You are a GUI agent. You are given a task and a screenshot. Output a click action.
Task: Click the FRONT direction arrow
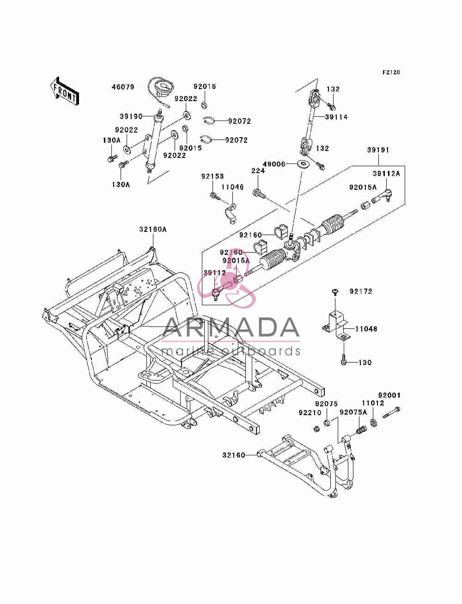click(64, 91)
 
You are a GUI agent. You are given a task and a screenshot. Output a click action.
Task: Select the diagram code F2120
click(391, 72)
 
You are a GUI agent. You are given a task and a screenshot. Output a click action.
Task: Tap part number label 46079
click(123, 87)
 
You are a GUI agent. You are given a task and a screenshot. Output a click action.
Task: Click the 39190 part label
click(131, 116)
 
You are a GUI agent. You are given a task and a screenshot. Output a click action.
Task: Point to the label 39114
click(336, 117)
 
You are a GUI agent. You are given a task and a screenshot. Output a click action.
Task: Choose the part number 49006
click(274, 164)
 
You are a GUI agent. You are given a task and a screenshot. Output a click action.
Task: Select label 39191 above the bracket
click(378, 150)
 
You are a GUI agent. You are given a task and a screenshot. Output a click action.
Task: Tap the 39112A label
click(386, 174)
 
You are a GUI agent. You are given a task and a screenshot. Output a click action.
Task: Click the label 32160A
click(153, 229)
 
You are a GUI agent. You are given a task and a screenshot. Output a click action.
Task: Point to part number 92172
click(361, 291)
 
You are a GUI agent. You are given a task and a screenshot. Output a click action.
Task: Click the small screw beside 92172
click(335, 292)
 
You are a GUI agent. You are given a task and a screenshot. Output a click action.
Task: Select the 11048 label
click(366, 329)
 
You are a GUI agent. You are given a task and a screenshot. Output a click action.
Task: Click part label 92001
click(389, 395)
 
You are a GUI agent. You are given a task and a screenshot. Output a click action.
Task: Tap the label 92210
click(310, 412)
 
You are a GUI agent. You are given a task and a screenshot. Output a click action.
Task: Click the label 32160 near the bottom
click(234, 455)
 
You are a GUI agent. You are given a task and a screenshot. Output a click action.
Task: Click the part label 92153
click(213, 176)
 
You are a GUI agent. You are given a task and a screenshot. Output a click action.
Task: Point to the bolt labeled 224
click(259, 193)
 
